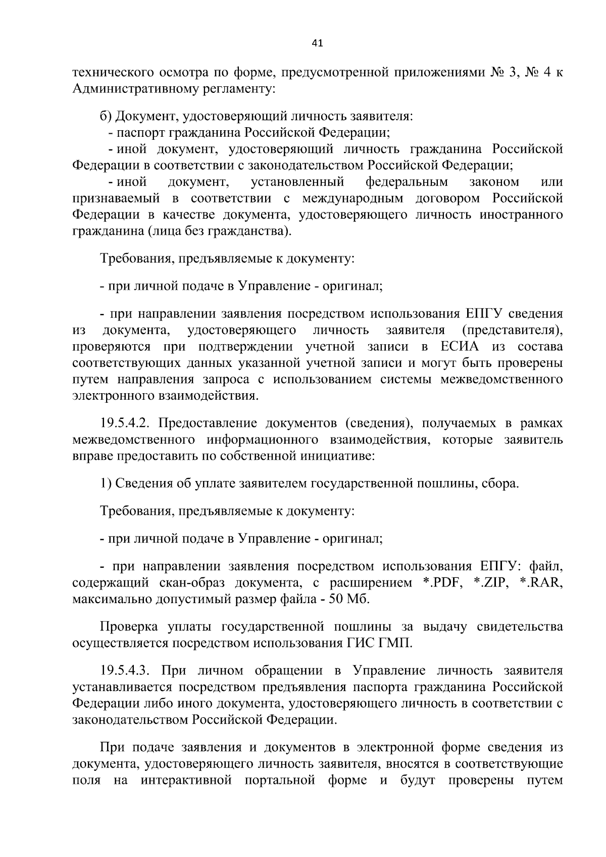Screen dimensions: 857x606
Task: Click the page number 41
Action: pos(317,44)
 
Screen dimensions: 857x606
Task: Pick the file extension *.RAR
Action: pos(541,583)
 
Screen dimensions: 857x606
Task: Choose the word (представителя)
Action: pos(512,331)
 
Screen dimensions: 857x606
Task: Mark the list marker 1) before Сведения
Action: pos(106,484)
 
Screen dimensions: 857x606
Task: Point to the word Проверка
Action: pos(131,627)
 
